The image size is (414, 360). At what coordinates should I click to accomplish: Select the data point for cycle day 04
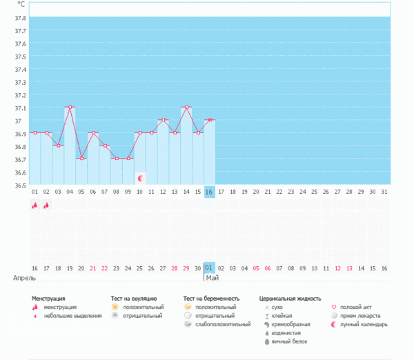point(70,108)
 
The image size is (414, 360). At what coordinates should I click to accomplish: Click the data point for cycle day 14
point(186,108)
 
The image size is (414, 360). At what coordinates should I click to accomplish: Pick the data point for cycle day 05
point(81,159)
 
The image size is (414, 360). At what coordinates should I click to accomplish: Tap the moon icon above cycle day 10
point(140,178)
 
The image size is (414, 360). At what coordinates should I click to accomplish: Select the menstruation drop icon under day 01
point(34,205)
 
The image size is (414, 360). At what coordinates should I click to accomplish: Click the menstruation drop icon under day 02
point(46,205)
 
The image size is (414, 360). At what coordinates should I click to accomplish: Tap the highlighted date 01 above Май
point(209,267)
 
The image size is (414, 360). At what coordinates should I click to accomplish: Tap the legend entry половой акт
point(359,307)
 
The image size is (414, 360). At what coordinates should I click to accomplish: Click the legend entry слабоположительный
point(223,324)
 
